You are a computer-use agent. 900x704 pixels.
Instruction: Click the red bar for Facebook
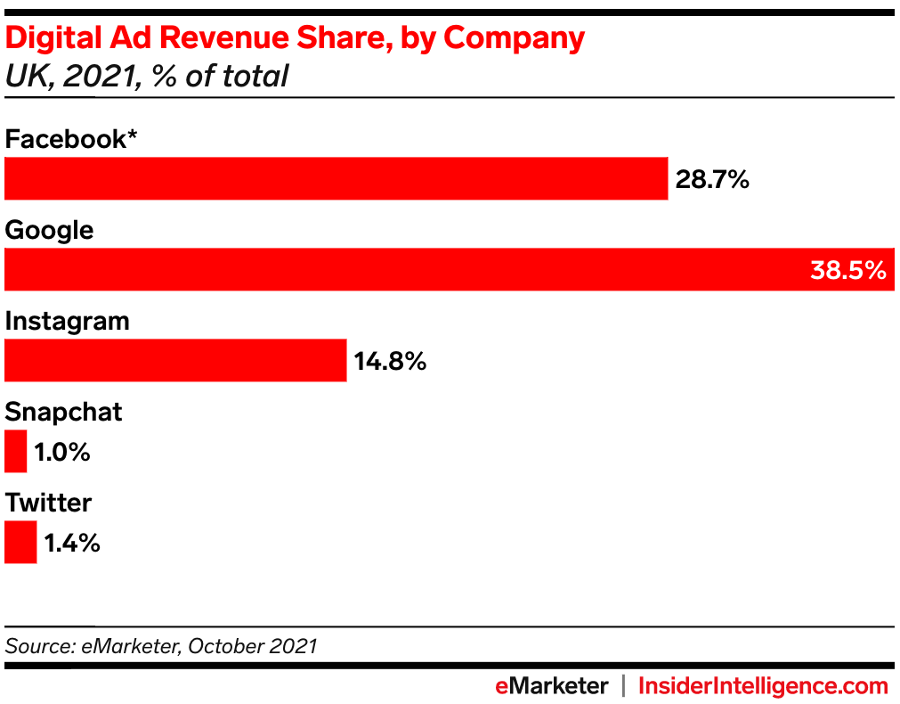(336, 178)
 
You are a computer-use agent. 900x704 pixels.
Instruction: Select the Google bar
(401, 269)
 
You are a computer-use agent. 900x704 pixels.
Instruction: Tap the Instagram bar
(175, 360)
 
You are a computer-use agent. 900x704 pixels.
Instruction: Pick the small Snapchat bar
(16, 451)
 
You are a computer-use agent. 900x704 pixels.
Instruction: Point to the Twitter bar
(20, 542)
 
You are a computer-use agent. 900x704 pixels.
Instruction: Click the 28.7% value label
(712, 180)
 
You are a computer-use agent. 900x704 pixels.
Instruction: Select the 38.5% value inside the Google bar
(847, 270)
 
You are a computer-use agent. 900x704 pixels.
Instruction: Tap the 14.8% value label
(390, 362)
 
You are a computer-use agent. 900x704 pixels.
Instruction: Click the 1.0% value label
(62, 453)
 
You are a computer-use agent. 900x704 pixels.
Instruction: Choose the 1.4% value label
(72, 544)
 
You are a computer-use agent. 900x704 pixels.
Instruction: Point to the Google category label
(49, 231)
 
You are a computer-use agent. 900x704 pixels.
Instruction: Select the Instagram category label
(67, 321)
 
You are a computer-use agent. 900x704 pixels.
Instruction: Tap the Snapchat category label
(63, 412)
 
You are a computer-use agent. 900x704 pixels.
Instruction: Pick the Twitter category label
(48, 503)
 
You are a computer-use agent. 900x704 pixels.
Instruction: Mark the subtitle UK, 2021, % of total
(147, 76)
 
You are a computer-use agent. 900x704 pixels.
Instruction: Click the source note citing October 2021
(161, 645)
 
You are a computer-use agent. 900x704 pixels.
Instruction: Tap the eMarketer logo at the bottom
(552, 685)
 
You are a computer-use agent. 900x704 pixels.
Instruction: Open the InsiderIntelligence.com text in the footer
(763, 685)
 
